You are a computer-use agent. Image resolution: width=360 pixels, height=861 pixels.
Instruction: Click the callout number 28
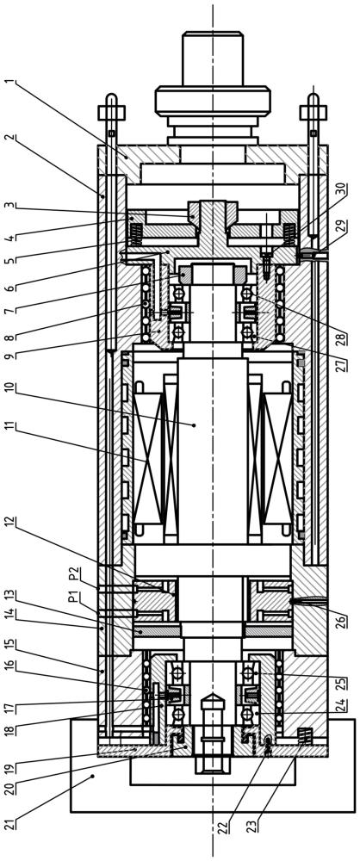click(344, 336)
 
